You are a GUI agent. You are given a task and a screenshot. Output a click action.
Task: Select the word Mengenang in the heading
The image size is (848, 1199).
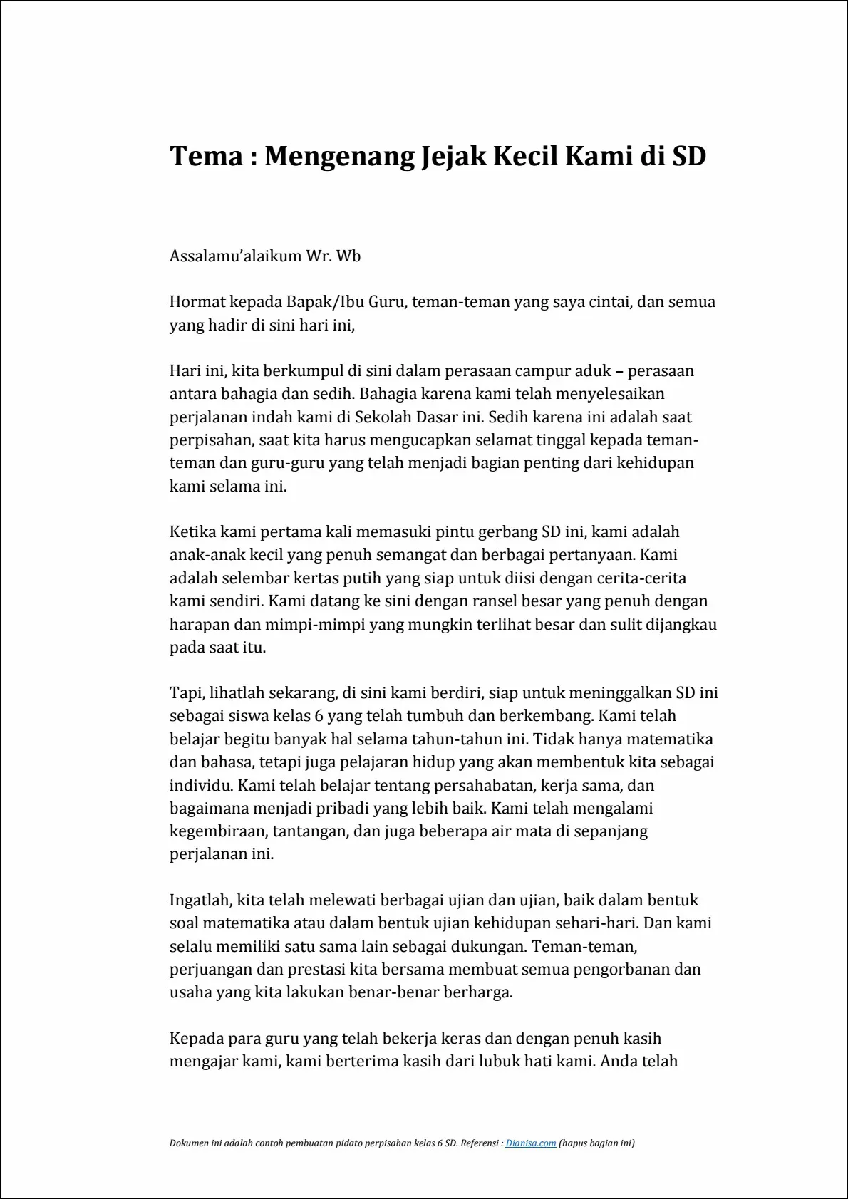pos(339,156)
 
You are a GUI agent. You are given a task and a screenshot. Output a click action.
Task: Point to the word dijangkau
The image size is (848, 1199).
pos(681,625)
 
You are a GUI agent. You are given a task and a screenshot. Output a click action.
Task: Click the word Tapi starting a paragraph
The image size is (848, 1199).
pos(185,693)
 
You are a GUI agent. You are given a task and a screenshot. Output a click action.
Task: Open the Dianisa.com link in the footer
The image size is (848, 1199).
pos(530,1143)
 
